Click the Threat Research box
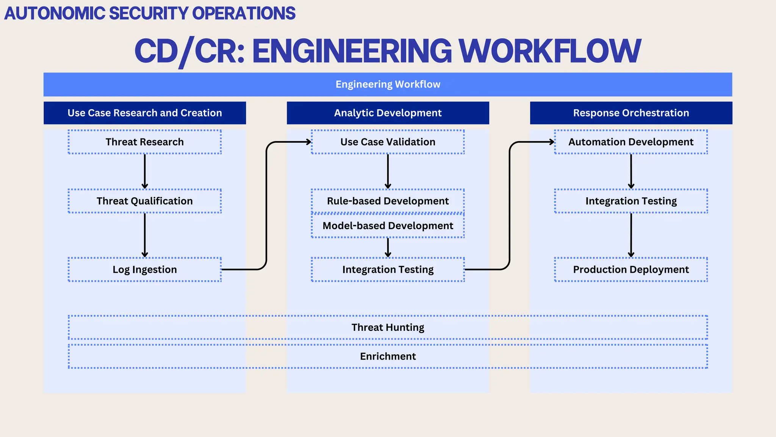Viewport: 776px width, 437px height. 144,142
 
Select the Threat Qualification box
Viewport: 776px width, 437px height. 144,201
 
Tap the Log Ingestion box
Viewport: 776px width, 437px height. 144,269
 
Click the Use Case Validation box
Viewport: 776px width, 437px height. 388,142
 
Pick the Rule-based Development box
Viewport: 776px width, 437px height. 388,201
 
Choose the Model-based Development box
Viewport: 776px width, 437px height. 388,226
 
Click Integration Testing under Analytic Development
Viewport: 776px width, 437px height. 388,269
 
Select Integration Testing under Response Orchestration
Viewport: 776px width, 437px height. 631,201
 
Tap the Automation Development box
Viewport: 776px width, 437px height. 631,142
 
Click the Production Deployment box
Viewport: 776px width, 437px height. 631,269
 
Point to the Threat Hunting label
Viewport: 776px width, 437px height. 388,327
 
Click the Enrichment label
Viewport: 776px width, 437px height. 388,356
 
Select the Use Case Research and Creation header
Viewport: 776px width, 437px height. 144,113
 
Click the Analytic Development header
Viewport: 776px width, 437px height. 388,113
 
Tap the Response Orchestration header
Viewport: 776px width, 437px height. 631,113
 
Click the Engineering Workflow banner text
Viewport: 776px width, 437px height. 388,84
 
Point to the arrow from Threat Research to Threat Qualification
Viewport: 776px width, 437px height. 145,171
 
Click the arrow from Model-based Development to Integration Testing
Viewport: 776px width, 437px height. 388,248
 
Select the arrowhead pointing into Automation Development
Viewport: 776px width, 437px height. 552,142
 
